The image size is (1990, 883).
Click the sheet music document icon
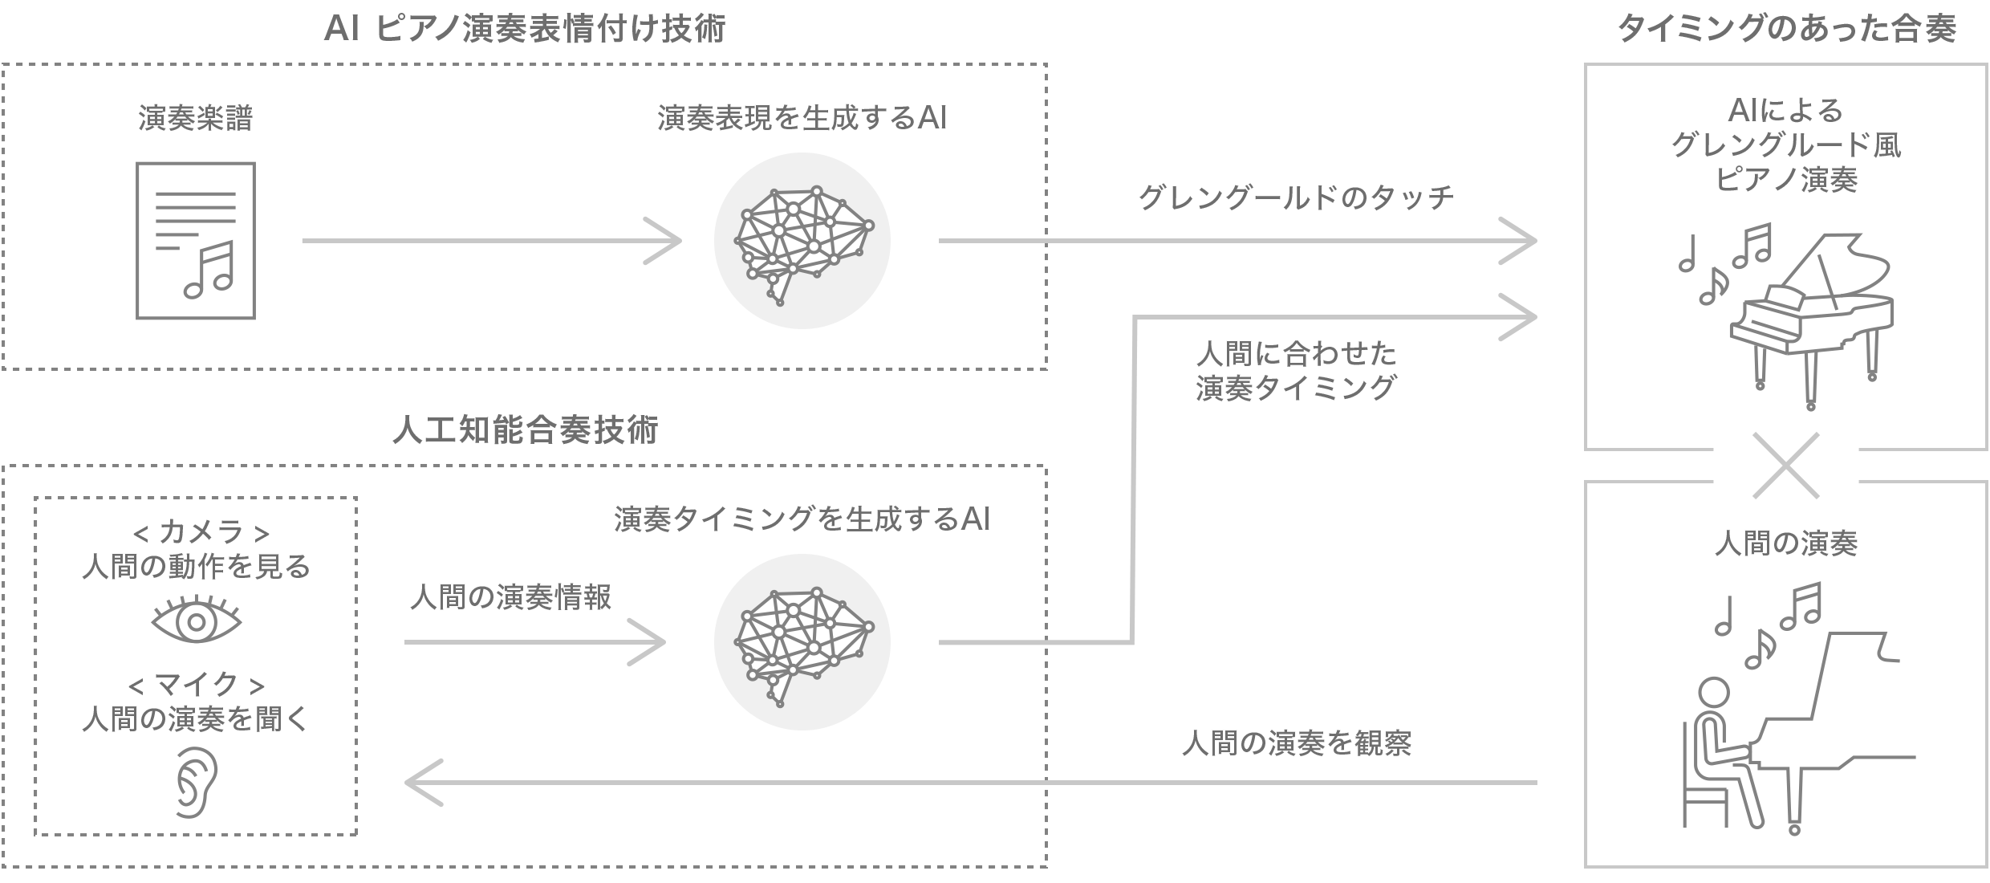[196, 241]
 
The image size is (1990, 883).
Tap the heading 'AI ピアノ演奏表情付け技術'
[525, 30]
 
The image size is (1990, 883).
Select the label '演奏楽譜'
[196, 119]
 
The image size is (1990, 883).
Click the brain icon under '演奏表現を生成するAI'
[802, 241]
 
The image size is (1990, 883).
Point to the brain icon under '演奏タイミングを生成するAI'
[802, 642]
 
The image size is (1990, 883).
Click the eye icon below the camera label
[196, 621]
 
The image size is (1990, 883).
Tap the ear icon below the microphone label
[196, 783]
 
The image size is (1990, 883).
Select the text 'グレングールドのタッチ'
[1296, 197]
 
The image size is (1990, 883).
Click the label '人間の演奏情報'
[511, 597]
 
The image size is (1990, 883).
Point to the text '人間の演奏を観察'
[1296, 743]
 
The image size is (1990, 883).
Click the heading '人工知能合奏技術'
[525, 430]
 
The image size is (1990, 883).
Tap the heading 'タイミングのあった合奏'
[1786, 30]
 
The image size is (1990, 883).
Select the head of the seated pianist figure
[1715, 692]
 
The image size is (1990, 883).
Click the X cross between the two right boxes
[1786, 466]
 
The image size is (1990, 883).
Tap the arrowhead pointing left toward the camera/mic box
[421, 783]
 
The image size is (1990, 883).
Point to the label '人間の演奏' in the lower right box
[1786, 544]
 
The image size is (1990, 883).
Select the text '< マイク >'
[196, 685]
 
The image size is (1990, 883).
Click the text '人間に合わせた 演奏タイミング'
[1296, 371]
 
